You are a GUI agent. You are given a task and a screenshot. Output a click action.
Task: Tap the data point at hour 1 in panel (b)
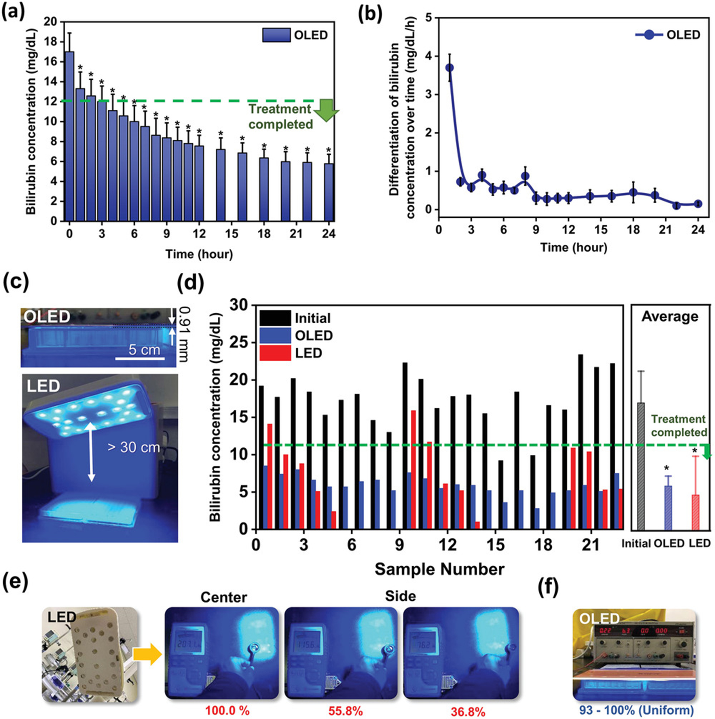(x=450, y=68)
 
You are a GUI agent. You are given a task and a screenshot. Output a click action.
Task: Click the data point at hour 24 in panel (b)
(x=698, y=204)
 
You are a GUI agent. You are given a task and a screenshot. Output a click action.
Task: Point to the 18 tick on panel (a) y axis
(x=52, y=42)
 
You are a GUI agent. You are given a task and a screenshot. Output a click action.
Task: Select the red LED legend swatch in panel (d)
(x=275, y=353)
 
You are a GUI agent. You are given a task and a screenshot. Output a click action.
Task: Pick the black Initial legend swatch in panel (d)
(x=275, y=318)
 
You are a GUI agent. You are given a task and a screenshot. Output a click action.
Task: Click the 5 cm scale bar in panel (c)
(x=140, y=359)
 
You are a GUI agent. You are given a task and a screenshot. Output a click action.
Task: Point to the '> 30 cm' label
(x=134, y=447)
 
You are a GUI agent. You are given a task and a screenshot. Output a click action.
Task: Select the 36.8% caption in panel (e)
(x=468, y=711)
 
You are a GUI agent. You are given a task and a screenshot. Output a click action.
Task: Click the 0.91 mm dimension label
(x=183, y=334)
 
